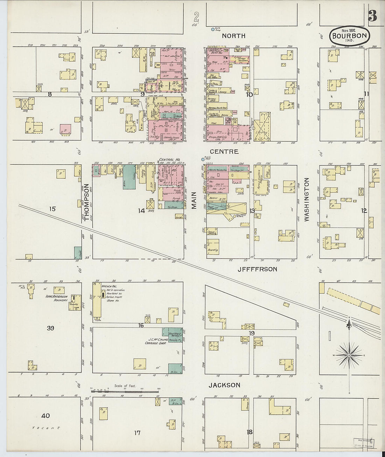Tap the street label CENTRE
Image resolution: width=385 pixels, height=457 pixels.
tap(229, 152)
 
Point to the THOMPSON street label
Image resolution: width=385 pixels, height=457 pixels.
tap(87, 202)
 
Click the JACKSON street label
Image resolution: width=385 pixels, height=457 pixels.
tap(224, 385)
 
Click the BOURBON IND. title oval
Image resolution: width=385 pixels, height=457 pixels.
tap(349, 35)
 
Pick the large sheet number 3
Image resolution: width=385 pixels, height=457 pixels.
tap(372, 16)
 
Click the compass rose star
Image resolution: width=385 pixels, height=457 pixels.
tap(349, 355)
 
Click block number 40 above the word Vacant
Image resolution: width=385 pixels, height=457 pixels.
tap(45, 416)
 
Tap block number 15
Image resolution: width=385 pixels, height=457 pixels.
tap(52, 209)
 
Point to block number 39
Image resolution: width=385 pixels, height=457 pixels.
tap(51, 328)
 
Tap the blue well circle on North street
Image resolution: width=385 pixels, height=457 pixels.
tap(213, 30)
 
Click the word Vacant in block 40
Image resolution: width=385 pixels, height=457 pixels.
tap(45, 428)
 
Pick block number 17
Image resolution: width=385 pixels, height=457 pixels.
tap(137, 433)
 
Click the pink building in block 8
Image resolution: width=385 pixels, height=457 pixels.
tap(65, 129)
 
